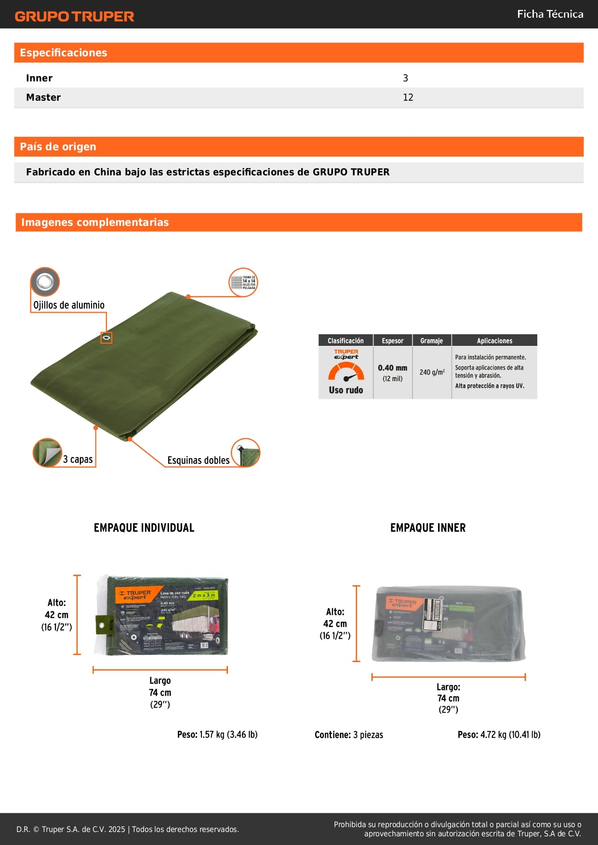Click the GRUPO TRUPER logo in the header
pos(74,16)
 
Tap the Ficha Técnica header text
pos(550,14)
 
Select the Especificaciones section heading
pos(63,53)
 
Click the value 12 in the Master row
pos(408,97)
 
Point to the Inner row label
pos(39,78)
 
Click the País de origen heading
pos(58,147)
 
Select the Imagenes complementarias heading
pos(95,223)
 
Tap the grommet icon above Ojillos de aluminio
pos(45,281)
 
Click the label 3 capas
pos(78,460)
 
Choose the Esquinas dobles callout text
pos(198,461)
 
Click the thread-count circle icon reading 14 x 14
pos(243,282)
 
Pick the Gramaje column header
pos(431,341)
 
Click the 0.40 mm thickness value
pos(392,368)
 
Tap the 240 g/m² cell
pos(432,372)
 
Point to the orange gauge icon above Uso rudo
pos(346,372)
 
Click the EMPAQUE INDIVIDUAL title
pos(144,528)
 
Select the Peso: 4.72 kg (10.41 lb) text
pos(499,735)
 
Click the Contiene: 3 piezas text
pos(349,735)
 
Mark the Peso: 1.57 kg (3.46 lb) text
pos(217,735)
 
